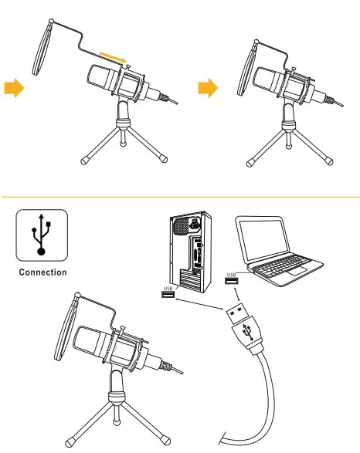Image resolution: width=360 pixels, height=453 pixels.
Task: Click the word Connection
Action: [x=42, y=272]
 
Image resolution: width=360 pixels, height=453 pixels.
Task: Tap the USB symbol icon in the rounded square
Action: [x=42, y=235]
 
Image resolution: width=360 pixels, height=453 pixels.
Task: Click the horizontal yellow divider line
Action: [x=180, y=196]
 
